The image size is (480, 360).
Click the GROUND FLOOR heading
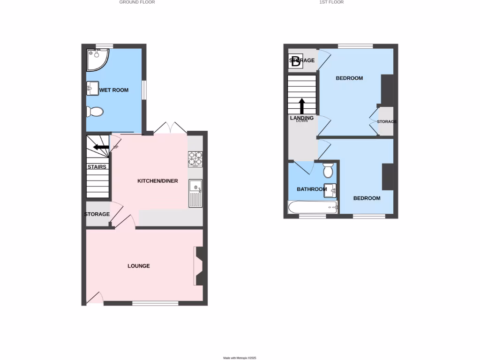click(137, 2)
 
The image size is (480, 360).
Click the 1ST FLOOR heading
click(332, 2)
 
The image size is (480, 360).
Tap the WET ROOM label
click(113, 90)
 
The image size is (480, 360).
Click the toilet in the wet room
click(95, 112)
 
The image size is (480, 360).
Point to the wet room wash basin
click(92, 88)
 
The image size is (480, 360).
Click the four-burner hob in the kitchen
click(195, 159)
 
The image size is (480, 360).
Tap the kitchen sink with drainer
click(195, 193)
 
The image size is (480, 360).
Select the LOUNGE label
click(139, 266)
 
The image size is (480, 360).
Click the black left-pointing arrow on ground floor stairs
click(99, 147)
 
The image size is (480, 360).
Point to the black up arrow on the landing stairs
click(302, 106)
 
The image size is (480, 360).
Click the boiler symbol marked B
click(295, 61)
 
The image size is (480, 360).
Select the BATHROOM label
click(312, 189)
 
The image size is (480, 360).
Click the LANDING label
click(301, 118)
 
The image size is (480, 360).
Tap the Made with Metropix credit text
click(240, 358)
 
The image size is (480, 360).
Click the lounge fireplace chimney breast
click(201, 266)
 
